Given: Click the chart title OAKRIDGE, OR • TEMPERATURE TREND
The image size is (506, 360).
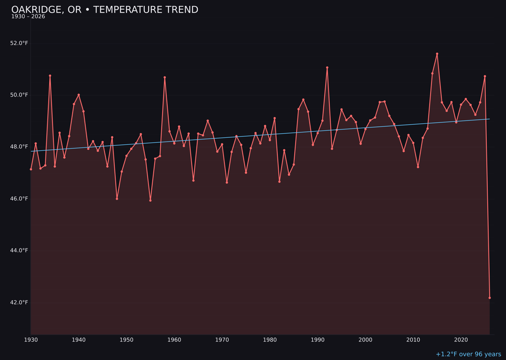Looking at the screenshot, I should [x=104, y=10].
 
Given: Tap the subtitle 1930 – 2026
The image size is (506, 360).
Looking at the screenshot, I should [x=28, y=17].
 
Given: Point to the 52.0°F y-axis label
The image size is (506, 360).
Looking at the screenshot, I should [x=19, y=43].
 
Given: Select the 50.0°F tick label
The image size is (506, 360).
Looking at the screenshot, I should [x=19, y=95].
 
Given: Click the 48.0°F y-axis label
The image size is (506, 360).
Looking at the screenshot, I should [x=19, y=147].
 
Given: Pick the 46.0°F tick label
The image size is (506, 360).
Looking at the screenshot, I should [x=19, y=199].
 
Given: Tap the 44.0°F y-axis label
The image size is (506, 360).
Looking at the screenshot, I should [x=19, y=250].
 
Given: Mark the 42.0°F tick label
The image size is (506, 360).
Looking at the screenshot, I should [x=19, y=302].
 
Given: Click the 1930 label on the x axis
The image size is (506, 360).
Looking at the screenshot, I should [x=31, y=340].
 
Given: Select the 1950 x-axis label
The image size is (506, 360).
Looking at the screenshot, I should [x=126, y=340].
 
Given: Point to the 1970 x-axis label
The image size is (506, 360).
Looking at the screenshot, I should [x=222, y=340].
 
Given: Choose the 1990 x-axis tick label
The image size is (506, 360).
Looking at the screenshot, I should [x=318, y=340].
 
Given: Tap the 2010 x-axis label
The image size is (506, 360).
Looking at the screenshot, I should [x=413, y=340].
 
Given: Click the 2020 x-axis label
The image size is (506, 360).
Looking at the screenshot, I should [x=461, y=340].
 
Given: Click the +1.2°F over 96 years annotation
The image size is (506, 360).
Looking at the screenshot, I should [x=468, y=354].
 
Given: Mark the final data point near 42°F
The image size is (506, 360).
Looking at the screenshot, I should [x=490, y=298].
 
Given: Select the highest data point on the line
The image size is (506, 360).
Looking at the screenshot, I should [x=437, y=54].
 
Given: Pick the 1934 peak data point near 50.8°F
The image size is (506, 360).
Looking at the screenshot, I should [x=50, y=75].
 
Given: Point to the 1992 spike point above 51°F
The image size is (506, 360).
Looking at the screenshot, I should [x=327, y=67].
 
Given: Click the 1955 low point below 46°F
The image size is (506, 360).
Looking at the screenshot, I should [x=150, y=200].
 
